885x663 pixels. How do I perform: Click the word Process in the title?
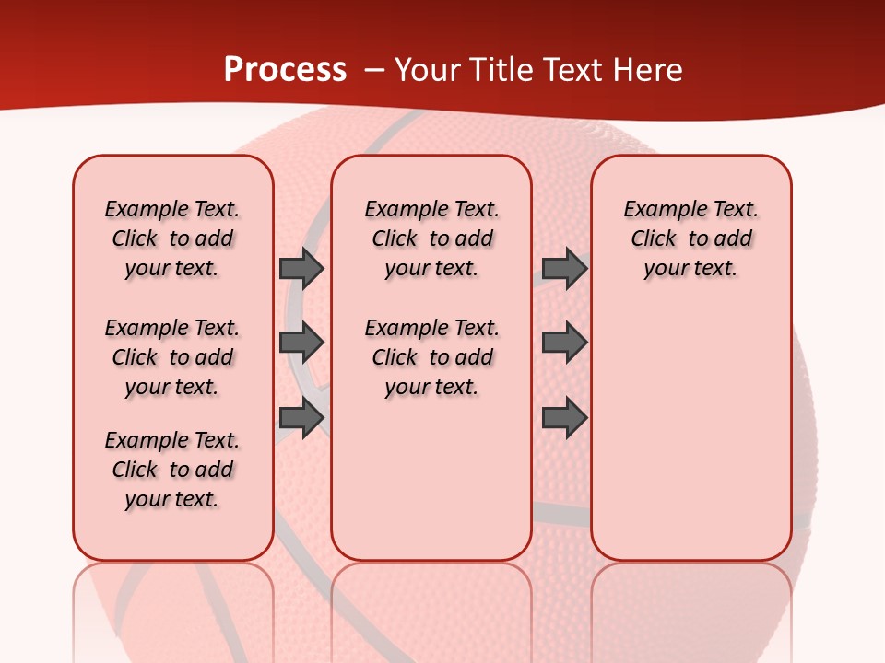tap(285, 70)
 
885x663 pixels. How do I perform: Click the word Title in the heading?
tap(499, 70)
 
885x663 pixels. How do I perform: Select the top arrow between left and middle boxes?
tap(301, 268)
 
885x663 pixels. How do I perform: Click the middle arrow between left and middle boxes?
tap(301, 343)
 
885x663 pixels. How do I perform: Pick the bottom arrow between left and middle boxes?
tap(301, 418)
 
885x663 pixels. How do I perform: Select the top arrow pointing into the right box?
tap(564, 268)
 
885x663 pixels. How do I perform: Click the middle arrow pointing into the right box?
tap(564, 343)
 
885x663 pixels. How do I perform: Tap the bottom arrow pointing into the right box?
tap(564, 418)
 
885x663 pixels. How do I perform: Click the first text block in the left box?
tap(172, 238)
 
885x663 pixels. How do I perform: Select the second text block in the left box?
tap(172, 357)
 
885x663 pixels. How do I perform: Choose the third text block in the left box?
tap(172, 470)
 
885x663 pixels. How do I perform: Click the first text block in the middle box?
tap(431, 238)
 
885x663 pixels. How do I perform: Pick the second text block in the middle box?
tap(431, 357)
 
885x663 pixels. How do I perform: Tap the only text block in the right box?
tap(690, 238)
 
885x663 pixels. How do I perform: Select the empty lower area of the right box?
tap(690, 442)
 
